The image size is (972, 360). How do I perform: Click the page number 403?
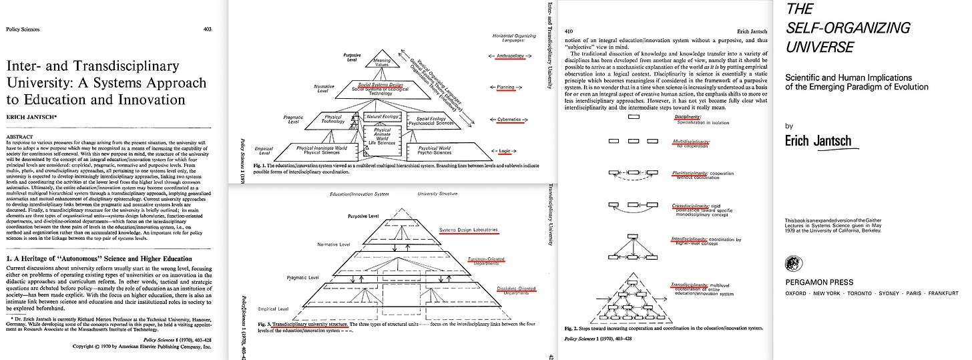coord(208,29)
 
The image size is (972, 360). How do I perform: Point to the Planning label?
coord(507,87)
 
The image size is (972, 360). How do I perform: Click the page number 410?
coord(569,31)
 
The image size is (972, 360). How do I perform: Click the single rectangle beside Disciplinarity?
coord(634,117)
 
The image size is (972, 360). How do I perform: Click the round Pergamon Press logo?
coord(795,263)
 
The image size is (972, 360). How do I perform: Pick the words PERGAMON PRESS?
coord(820,282)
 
